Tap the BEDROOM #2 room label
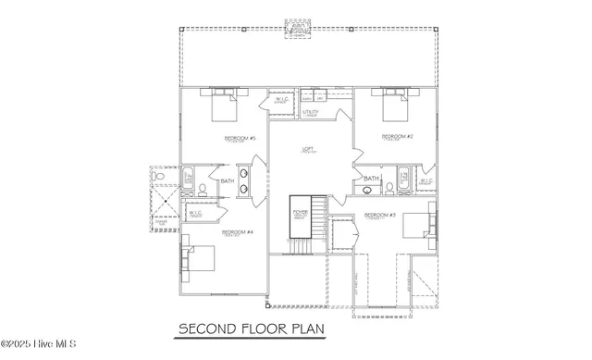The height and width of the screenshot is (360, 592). [397, 137]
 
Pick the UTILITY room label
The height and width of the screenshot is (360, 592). [311, 112]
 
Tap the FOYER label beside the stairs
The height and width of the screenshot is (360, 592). [300, 212]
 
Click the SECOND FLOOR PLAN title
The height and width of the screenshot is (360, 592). [251, 329]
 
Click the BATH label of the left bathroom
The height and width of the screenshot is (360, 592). [228, 180]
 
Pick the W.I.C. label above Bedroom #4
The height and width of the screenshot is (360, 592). [196, 213]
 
